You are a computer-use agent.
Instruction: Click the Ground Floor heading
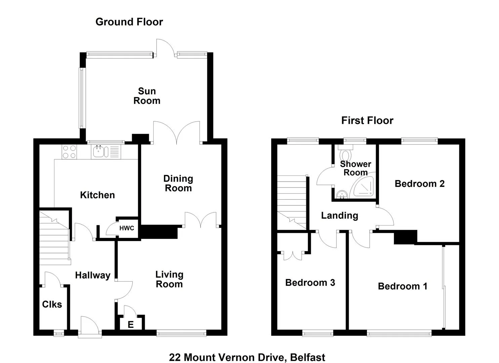[129, 22]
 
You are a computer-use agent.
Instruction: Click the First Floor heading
[367, 120]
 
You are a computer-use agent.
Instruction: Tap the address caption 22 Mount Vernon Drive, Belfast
[247, 357]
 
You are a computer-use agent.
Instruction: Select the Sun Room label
[147, 96]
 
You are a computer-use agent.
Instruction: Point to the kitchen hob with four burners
[69, 152]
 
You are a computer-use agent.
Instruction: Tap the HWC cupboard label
[127, 228]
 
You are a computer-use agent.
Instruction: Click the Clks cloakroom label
[52, 305]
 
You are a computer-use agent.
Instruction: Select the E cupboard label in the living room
[131, 324]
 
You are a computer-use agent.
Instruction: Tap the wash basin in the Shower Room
[341, 194]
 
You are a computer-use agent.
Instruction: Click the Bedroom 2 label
[419, 184]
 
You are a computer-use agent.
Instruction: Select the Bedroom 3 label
[310, 283]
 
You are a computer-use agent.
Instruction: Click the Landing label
[339, 215]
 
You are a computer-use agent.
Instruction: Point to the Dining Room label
[178, 183]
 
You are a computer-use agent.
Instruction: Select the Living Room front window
[181, 333]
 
